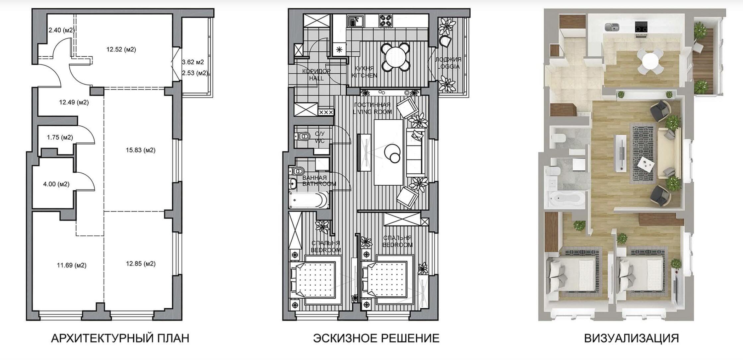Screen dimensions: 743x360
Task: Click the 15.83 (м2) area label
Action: click(140, 150)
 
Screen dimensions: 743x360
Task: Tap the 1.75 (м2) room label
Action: click(60, 137)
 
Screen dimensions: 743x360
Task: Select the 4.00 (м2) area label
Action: click(56, 184)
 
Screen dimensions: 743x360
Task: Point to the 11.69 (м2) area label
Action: click(72, 265)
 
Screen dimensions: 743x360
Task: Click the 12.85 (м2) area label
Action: click(141, 264)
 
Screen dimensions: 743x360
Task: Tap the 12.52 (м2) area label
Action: click(121, 50)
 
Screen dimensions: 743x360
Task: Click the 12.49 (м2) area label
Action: click(74, 102)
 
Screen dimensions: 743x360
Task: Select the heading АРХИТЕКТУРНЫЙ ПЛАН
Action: click(120, 338)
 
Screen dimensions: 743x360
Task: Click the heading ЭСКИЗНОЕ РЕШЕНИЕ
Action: click(376, 338)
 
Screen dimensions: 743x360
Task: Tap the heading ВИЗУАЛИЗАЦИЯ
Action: click(632, 338)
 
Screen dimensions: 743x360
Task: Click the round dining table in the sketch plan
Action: click(395, 56)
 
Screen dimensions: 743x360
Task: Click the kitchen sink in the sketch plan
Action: click(356, 21)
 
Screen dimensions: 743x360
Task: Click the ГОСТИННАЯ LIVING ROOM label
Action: click(372, 108)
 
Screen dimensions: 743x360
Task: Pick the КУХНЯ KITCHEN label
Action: click(364, 72)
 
